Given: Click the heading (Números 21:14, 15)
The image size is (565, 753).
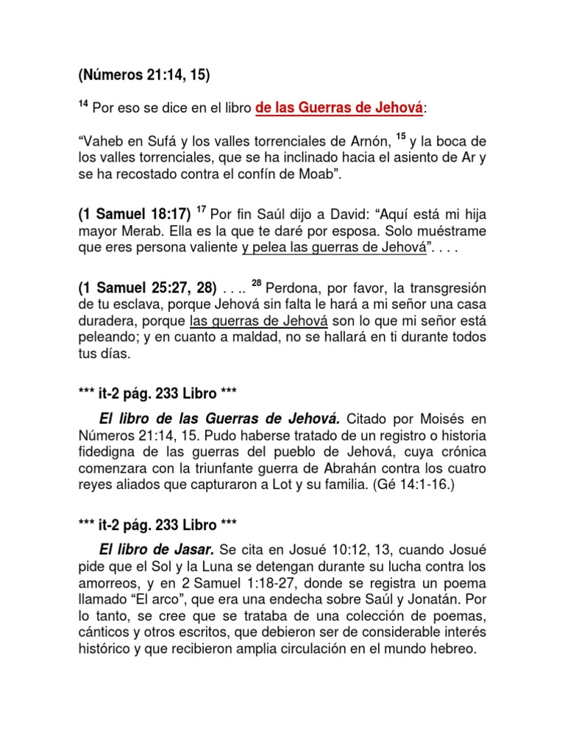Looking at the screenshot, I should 146,74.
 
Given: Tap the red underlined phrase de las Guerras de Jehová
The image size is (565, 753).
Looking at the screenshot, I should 340,108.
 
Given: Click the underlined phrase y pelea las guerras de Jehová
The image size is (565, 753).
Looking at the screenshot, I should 334,249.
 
